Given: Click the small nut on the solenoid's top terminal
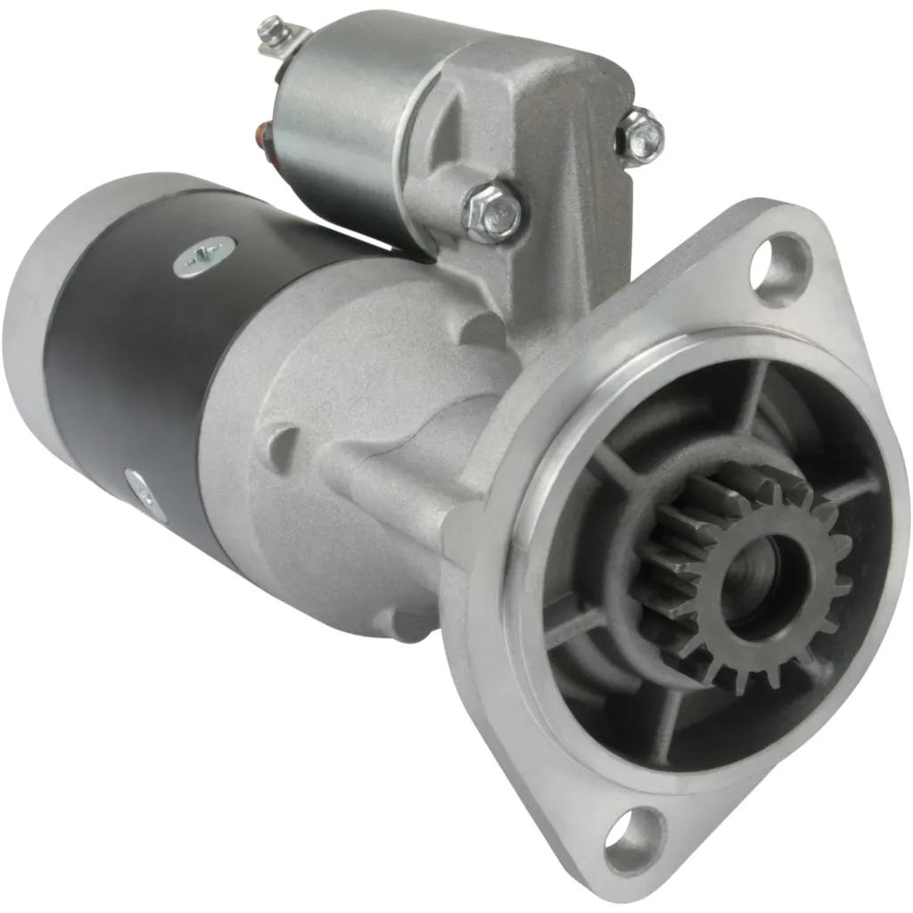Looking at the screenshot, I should (x=270, y=32).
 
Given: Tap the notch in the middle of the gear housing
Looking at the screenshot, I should (x=284, y=442).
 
